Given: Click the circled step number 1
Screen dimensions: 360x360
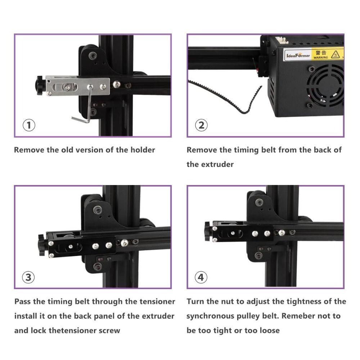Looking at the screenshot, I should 29,126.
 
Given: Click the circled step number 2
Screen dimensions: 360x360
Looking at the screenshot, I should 201,126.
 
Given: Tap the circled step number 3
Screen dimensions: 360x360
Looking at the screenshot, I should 29,277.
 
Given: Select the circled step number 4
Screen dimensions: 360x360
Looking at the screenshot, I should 201,277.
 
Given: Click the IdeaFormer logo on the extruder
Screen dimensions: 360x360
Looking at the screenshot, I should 298,55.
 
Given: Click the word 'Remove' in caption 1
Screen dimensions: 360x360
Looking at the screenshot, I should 29,150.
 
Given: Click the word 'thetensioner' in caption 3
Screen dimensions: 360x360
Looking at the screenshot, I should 72,330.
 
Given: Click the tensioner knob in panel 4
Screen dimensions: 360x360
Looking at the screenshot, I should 208,231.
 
